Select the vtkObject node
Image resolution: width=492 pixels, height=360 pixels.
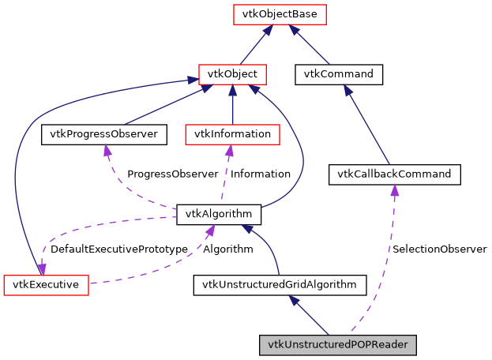(231, 75)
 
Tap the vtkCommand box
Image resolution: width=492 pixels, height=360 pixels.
(339, 75)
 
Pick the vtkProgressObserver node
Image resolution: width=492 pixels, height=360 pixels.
(104, 134)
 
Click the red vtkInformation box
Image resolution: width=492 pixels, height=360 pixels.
(231, 134)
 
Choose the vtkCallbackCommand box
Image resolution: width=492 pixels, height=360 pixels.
(394, 174)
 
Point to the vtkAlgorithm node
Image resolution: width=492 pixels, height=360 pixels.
(219, 214)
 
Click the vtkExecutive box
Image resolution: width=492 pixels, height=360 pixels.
(46, 284)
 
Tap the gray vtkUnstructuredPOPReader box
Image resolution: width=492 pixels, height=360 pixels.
(337, 345)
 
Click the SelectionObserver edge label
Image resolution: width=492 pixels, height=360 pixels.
(439, 249)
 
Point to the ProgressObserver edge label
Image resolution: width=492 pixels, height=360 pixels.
(172, 174)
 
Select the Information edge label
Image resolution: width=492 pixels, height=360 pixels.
(260, 174)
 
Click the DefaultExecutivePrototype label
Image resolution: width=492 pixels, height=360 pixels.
(118, 249)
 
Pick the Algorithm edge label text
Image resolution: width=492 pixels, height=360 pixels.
(228, 249)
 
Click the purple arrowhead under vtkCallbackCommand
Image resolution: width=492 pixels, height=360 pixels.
(394, 190)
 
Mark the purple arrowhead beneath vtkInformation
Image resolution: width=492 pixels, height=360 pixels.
(230, 150)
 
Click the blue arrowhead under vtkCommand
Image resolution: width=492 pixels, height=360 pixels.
(346, 91)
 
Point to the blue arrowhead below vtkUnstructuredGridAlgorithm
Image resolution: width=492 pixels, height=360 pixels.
(294, 300)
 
